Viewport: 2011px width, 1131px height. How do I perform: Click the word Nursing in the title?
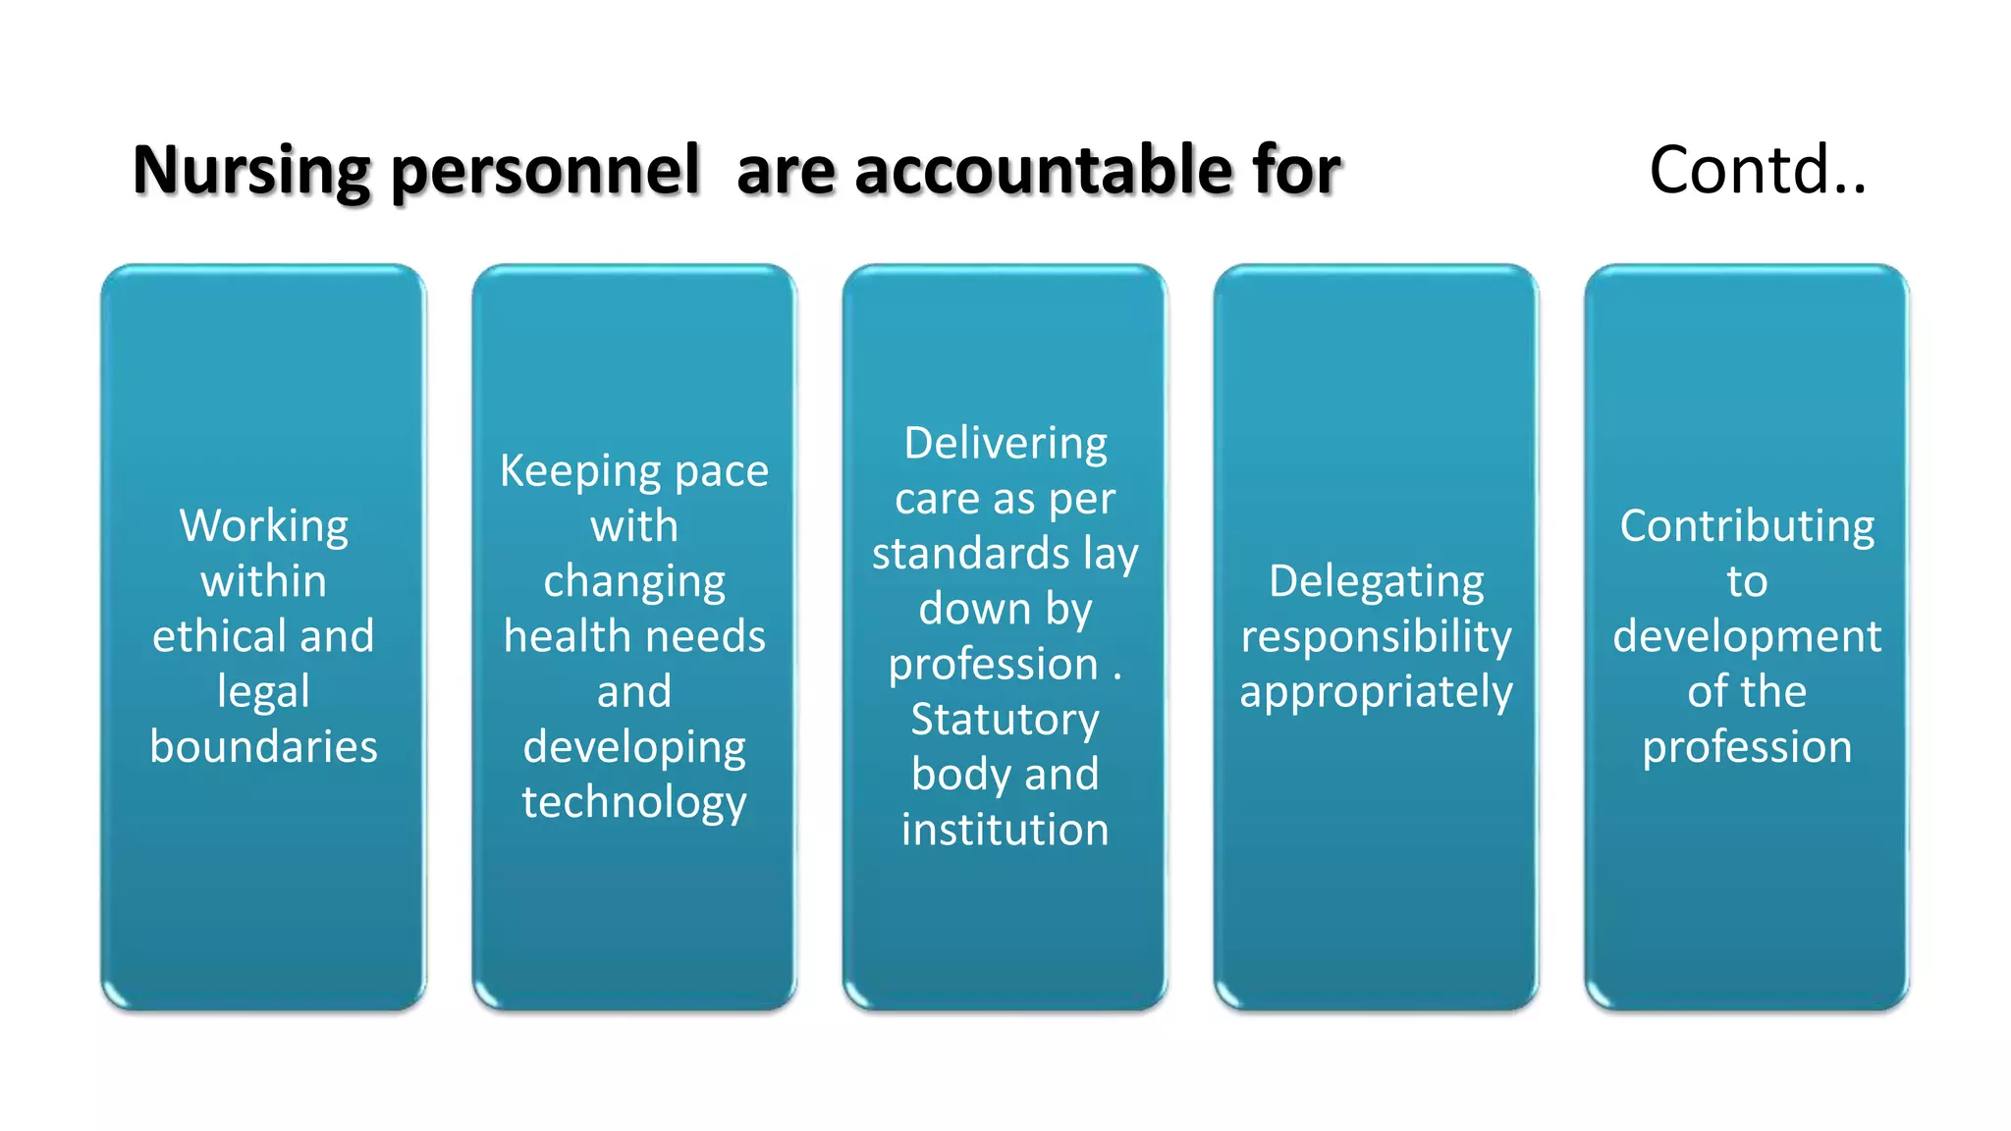[x=251, y=172]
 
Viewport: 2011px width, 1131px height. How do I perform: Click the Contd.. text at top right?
[x=1757, y=170]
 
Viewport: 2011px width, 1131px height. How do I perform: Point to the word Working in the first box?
[x=263, y=527]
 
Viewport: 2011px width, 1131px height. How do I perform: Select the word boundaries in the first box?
[x=263, y=747]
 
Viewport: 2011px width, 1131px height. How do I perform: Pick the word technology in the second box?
[x=634, y=803]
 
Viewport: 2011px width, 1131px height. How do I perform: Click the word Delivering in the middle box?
[x=1005, y=445]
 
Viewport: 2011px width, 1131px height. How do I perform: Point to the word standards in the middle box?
[x=970, y=554]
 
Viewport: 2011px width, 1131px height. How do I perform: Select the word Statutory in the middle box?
[x=1005, y=721]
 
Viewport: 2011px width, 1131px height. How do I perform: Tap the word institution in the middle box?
[x=1005, y=830]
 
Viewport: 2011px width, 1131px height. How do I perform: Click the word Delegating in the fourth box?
[x=1376, y=582]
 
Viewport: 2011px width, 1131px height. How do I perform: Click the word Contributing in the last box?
[x=1747, y=527]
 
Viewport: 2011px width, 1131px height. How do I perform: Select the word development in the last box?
[x=1747, y=637]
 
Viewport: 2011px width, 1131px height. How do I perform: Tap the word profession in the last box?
[x=1747, y=747]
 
